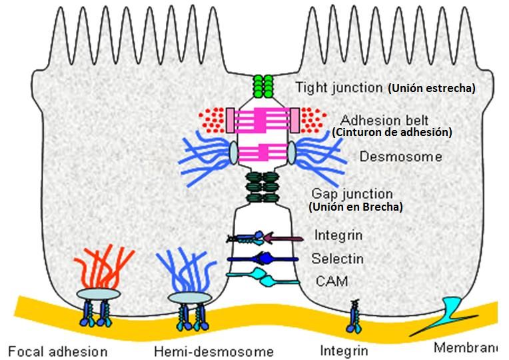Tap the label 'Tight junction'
[339, 87]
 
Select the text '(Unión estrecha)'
[431, 88]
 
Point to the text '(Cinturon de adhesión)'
[392, 133]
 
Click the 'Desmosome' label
[391, 157]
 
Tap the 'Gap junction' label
[352, 193]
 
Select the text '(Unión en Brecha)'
[355, 207]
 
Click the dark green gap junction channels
[262, 189]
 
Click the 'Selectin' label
[337, 259]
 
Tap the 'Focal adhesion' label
[58, 351]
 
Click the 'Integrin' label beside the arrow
[338, 235]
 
